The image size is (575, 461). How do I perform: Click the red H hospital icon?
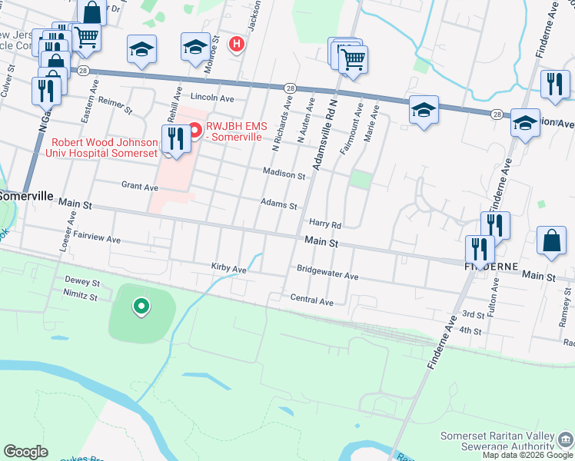(x=237, y=43)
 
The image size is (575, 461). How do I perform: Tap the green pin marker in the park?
(x=141, y=307)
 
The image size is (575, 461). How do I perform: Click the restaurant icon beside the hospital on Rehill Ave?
(x=176, y=140)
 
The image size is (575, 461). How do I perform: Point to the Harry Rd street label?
(x=324, y=224)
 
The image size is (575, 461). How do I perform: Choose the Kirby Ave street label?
(x=228, y=269)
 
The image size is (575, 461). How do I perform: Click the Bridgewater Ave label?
(x=327, y=275)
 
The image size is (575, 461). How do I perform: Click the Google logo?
(x=25, y=452)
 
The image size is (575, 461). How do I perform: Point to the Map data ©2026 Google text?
(x=527, y=455)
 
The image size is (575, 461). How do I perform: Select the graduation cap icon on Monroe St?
(x=194, y=48)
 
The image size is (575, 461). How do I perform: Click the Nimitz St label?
(x=81, y=297)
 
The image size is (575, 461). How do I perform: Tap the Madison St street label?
(x=284, y=174)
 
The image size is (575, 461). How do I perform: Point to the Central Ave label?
(x=311, y=301)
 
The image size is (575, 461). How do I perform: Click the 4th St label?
(x=469, y=331)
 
